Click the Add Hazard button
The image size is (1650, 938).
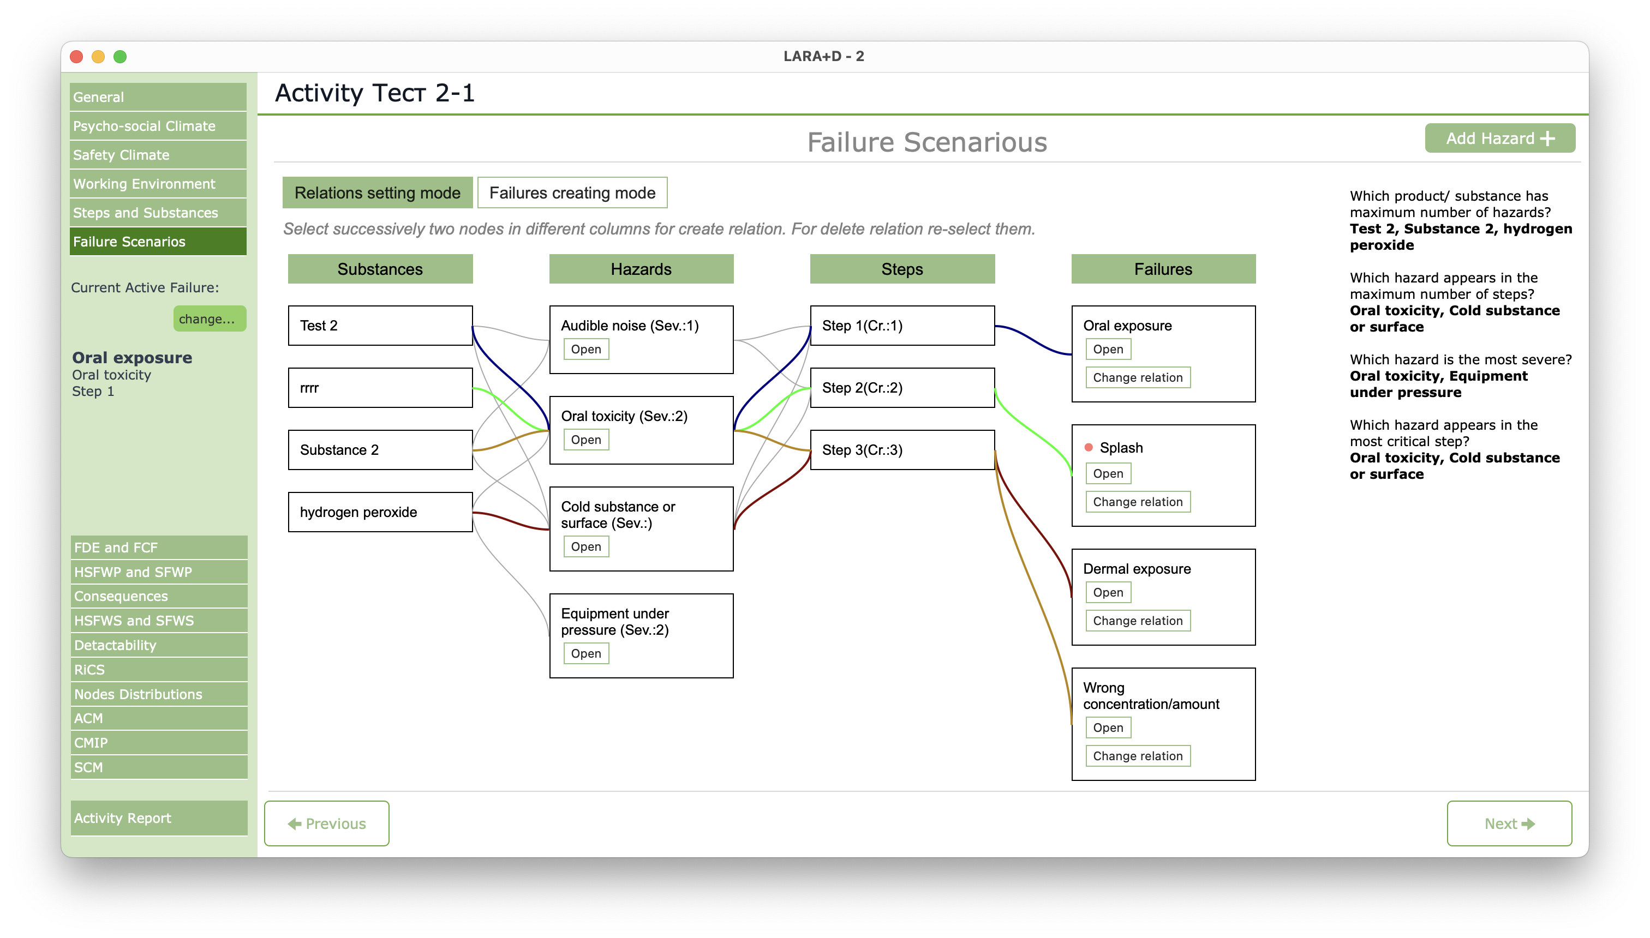click(x=1499, y=139)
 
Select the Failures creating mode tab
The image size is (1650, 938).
click(x=572, y=193)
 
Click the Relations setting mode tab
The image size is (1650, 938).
click(x=377, y=193)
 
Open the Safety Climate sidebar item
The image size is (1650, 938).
click(x=158, y=155)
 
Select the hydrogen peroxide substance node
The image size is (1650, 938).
click(x=380, y=512)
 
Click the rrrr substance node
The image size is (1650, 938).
click(x=380, y=388)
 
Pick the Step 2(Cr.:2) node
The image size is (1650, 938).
click(x=902, y=388)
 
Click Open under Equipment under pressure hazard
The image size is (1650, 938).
click(x=586, y=653)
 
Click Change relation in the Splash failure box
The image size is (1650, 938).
click(x=1138, y=502)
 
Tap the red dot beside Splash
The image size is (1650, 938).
click(x=1089, y=447)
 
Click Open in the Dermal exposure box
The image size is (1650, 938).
click(x=1108, y=592)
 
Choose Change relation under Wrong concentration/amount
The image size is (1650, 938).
click(x=1138, y=756)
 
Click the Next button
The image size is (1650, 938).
click(x=1509, y=823)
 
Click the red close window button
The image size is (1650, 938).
click(x=77, y=57)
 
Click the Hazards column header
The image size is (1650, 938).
click(x=641, y=269)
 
